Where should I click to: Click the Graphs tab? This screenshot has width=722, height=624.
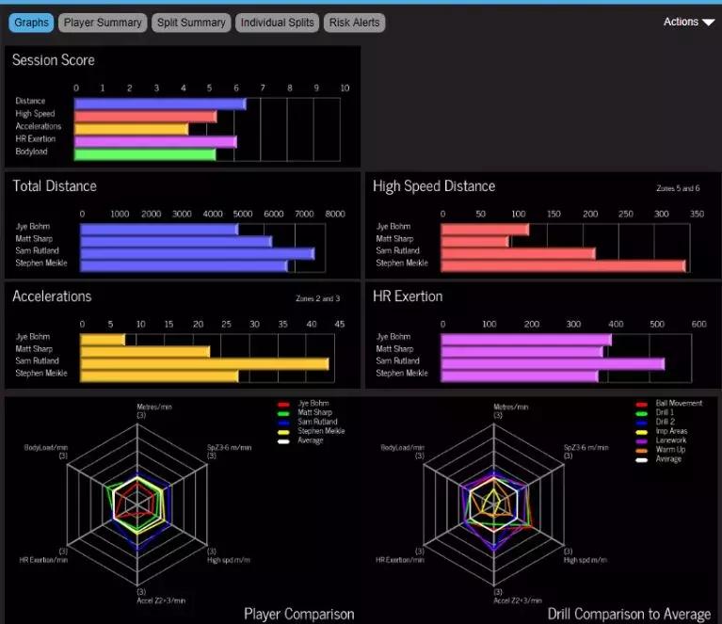[x=31, y=23]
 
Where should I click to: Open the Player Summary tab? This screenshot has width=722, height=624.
[x=103, y=23]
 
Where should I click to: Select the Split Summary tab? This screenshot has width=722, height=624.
[x=190, y=23]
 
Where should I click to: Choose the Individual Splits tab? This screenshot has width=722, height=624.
[x=277, y=23]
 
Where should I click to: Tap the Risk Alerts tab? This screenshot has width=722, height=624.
[x=354, y=23]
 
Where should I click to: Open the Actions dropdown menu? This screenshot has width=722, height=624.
[x=688, y=22]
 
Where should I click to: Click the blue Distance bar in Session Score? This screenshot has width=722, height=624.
[x=160, y=104]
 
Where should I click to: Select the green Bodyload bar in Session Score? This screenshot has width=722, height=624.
[x=145, y=154]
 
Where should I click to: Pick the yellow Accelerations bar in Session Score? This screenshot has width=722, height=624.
[x=132, y=129]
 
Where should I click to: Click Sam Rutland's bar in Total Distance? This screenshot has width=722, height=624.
[x=198, y=253]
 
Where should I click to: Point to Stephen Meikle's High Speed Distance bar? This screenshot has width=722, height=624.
[x=563, y=266]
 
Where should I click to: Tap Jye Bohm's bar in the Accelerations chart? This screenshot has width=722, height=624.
[x=103, y=339]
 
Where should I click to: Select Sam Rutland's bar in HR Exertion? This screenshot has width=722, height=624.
[x=553, y=363]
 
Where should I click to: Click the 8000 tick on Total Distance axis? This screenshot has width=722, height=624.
[x=334, y=214]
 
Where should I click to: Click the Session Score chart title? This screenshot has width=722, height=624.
[x=54, y=60]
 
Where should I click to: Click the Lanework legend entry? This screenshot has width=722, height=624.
[x=670, y=440]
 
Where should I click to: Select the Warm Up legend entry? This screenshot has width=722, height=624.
[x=669, y=450]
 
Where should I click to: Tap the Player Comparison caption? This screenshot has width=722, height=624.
[x=298, y=614]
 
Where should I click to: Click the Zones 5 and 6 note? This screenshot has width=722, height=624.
[x=678, y=189]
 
